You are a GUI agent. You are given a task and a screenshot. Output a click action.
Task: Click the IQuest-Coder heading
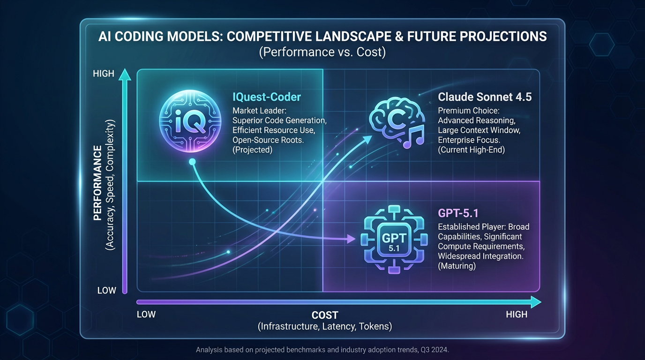click(267, 97)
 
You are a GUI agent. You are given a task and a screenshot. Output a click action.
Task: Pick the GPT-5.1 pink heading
click(458, 213)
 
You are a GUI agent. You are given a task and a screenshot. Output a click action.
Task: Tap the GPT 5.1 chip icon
click(394, 240)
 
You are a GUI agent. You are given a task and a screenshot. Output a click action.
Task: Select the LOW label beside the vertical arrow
click(106, 291)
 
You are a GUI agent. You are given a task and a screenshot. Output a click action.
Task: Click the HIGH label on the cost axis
click(517, 315)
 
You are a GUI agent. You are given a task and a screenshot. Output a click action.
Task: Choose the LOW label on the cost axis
click(146, 315)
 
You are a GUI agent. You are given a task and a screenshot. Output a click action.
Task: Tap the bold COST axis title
click(324, 315)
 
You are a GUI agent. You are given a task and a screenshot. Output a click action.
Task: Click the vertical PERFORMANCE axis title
click(97, 183)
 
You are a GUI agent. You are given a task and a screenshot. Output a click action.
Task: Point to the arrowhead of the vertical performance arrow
click(124, 74)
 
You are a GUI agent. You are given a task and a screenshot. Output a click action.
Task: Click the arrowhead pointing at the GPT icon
click(351, 240)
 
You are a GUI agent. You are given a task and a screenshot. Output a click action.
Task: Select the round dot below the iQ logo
click(191, 162)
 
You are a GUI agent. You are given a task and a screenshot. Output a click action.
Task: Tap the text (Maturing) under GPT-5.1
click(457, 266)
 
